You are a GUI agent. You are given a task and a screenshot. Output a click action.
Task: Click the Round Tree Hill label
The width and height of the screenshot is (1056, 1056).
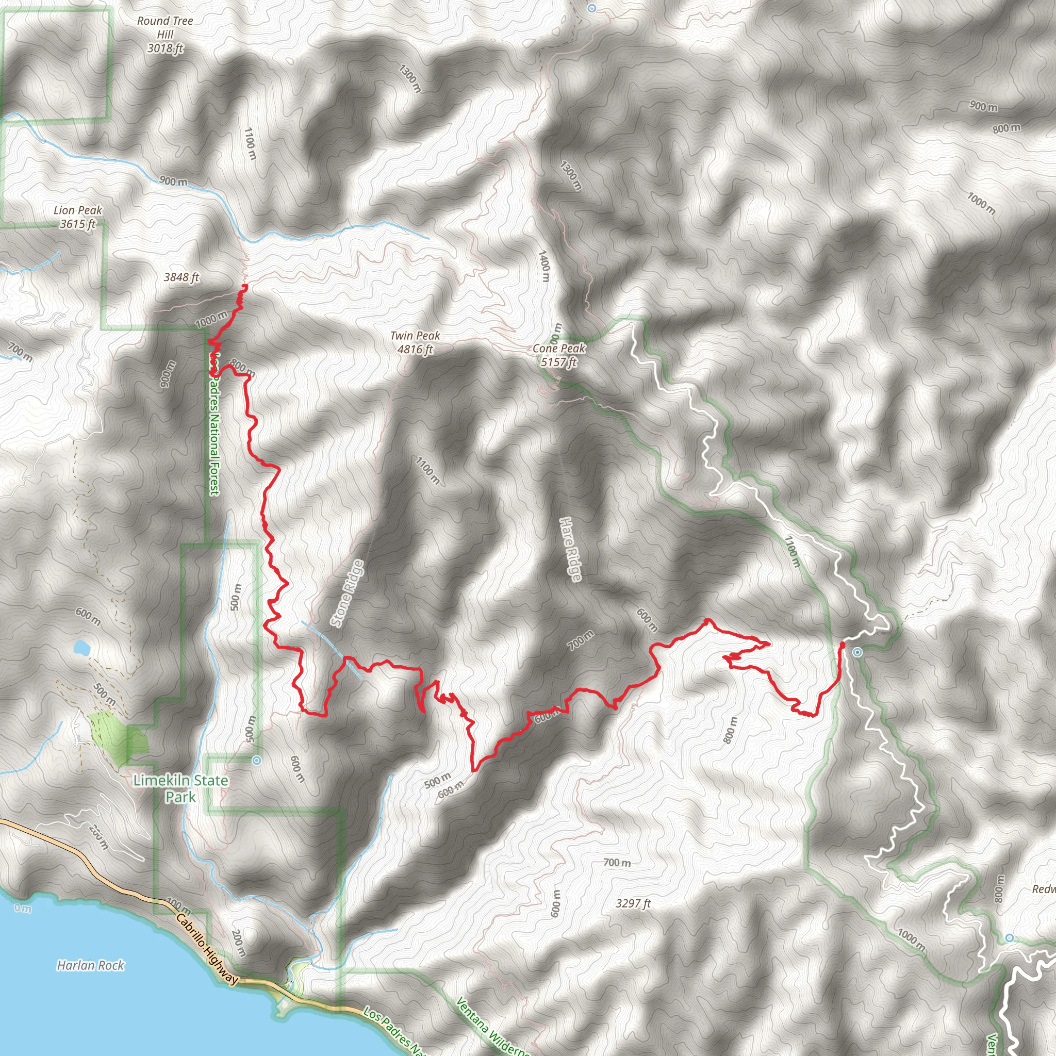(165, 35)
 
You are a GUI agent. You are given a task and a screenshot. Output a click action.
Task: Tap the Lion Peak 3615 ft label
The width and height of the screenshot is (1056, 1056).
(78, 217)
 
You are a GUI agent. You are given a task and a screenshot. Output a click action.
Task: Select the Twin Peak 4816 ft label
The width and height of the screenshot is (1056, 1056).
(415, 342)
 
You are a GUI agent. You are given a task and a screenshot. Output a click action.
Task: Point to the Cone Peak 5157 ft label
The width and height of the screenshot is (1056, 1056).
(558, 355)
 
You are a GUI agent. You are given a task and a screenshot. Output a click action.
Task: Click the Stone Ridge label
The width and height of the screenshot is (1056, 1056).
(347, 593)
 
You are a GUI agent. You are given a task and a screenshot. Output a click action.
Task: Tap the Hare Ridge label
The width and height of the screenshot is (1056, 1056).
(571, 549)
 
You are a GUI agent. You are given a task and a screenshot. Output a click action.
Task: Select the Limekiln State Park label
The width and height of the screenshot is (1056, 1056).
(180, 788)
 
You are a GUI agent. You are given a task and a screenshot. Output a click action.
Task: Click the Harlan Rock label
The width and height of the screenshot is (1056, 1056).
(91, 966)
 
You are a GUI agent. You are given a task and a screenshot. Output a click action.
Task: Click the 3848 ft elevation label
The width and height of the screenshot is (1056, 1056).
(181, 277)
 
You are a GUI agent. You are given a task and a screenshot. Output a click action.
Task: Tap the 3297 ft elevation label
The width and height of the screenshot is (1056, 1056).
(633, 903)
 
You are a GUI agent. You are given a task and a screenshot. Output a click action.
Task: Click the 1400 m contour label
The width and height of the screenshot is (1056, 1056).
(543, 266)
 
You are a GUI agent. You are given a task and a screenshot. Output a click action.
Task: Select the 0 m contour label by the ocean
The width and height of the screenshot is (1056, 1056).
(23, 909)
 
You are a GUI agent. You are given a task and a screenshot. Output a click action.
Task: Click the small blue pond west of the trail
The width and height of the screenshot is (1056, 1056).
(82, 648)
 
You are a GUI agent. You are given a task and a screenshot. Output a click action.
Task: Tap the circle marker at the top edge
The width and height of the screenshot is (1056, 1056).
(592, 8)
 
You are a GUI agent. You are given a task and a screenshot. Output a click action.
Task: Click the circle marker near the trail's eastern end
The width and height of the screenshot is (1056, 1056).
(857, 652)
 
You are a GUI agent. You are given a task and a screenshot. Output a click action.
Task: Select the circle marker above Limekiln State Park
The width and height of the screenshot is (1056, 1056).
(257, 761)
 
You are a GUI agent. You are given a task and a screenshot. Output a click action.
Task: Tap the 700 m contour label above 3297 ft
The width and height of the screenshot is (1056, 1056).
(617, 863)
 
